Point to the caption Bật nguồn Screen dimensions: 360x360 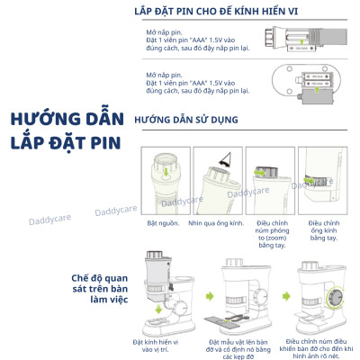point(163,221)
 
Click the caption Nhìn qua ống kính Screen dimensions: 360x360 point(217,221)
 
